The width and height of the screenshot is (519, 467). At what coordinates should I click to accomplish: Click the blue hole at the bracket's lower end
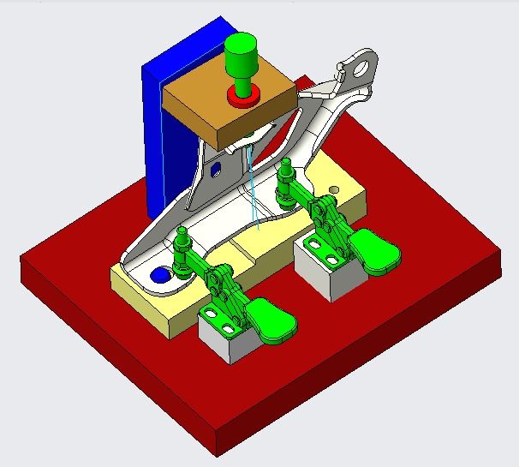[159, 276]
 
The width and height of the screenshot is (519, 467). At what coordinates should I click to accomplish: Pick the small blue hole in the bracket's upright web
[214, 168]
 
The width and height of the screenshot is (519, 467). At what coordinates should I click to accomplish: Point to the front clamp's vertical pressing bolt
[182, 253]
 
